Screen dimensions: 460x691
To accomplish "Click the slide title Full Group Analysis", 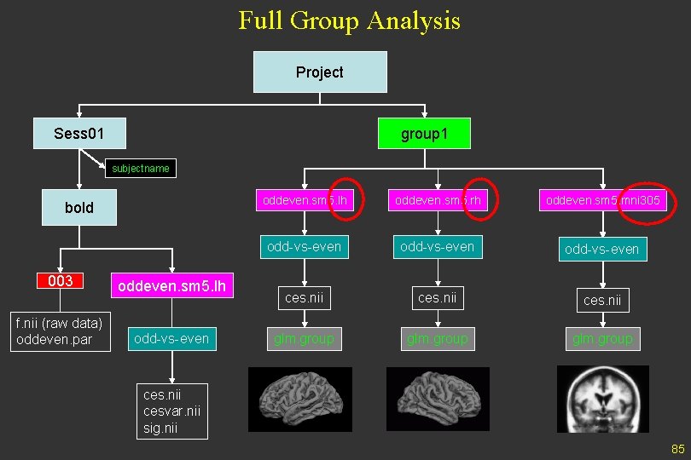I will tap(349, 20).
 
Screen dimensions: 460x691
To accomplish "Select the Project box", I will tap(320, 72).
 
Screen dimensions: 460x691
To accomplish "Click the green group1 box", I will tap(424, 134).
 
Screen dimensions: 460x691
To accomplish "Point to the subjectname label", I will tap(141, 169).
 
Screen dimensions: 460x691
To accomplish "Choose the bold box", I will tap(79, 207).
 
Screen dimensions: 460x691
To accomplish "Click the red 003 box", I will tap(60, 281).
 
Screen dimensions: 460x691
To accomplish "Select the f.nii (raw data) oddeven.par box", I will tap(60, 332).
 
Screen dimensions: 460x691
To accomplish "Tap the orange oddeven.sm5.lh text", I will tap(171, 285).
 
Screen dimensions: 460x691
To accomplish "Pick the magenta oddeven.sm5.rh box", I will tap(437, 200).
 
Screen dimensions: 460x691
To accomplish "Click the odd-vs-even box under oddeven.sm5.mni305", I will tap(601, 250).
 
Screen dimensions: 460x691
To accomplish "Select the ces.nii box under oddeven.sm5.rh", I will tap(437, 297).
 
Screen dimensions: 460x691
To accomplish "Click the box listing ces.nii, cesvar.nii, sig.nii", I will tap(172, 411).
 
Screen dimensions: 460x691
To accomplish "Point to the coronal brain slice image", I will tap(602, 399).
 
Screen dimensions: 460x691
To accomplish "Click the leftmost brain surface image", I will tap(299, 399).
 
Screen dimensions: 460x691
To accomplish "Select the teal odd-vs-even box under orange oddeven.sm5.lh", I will tap(171, 339).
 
